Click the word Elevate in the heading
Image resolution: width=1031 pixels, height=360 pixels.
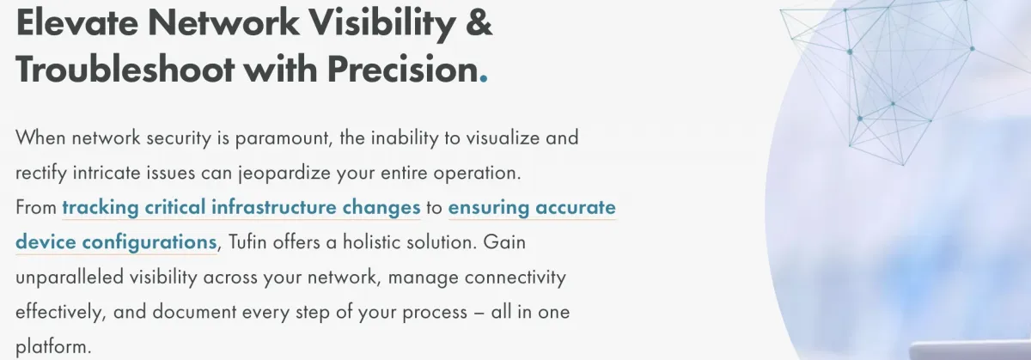point(76,22)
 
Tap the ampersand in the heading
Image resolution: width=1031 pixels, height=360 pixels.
point(479,22)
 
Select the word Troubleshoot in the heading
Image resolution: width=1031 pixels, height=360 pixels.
point(125,69)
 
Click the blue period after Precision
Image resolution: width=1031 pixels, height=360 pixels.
point(483,79)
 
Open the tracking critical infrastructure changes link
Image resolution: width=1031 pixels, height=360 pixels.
point(241,207)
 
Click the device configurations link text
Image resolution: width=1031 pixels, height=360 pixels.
point(116,241)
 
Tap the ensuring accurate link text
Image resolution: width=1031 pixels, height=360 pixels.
point(532,208)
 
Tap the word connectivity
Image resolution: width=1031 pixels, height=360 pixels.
point(515,278)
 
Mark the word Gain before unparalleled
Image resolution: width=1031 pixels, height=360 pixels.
point(504,241)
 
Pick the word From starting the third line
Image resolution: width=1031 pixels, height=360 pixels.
point(36,207)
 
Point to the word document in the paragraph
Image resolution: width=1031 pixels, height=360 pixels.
point(194,312)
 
